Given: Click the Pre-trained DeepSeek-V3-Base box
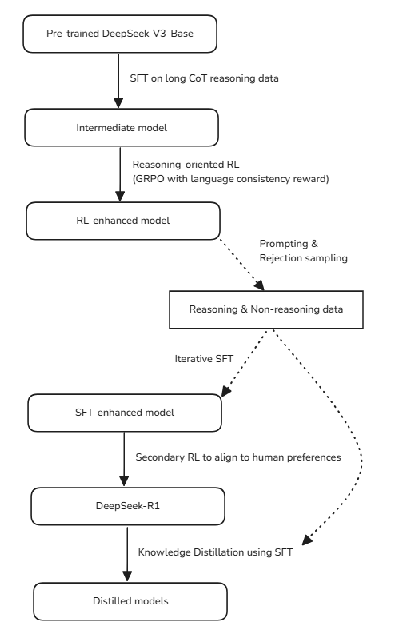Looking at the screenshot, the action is tap(120, 34).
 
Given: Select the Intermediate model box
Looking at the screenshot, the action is tap(122, 127).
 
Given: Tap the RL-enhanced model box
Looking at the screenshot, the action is tap(123, 221).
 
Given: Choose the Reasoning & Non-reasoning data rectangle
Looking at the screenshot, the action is tap(266, 309).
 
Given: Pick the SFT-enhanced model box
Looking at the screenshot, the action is tap(125, 413).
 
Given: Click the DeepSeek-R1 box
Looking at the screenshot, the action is tap(128, 506).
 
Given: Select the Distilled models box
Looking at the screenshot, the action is tap(130, 601).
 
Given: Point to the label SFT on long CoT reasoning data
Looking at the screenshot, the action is tap(204, 78).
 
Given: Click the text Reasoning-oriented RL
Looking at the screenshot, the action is tap(186, 165).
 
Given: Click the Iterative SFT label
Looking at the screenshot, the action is tap(204, 359).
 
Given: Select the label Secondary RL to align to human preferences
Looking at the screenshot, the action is tap(238, 457).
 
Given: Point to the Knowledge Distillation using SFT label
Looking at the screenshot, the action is tap(215, 552).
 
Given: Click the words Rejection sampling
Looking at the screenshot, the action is tap(304, 258).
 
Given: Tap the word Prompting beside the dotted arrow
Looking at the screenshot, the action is tap(284, 244).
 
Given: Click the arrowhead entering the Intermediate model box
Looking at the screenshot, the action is tap(118, 103).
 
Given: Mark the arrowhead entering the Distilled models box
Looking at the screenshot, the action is tap(127, 576).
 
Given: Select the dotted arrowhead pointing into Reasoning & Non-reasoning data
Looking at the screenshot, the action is tap(260, 285).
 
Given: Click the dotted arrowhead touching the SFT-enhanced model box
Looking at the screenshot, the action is tap(225, 391).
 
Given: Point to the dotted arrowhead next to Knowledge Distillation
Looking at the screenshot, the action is tap(307, 540).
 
